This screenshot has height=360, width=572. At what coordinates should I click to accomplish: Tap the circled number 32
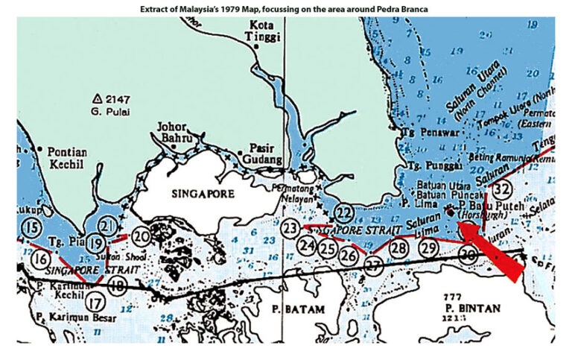502,188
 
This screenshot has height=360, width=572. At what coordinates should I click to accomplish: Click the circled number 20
142,236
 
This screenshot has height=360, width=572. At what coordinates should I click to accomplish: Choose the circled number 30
468,256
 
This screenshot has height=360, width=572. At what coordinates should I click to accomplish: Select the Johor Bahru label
177,132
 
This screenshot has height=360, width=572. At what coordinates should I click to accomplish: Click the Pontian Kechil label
67,158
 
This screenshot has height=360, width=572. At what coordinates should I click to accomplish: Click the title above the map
285,8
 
